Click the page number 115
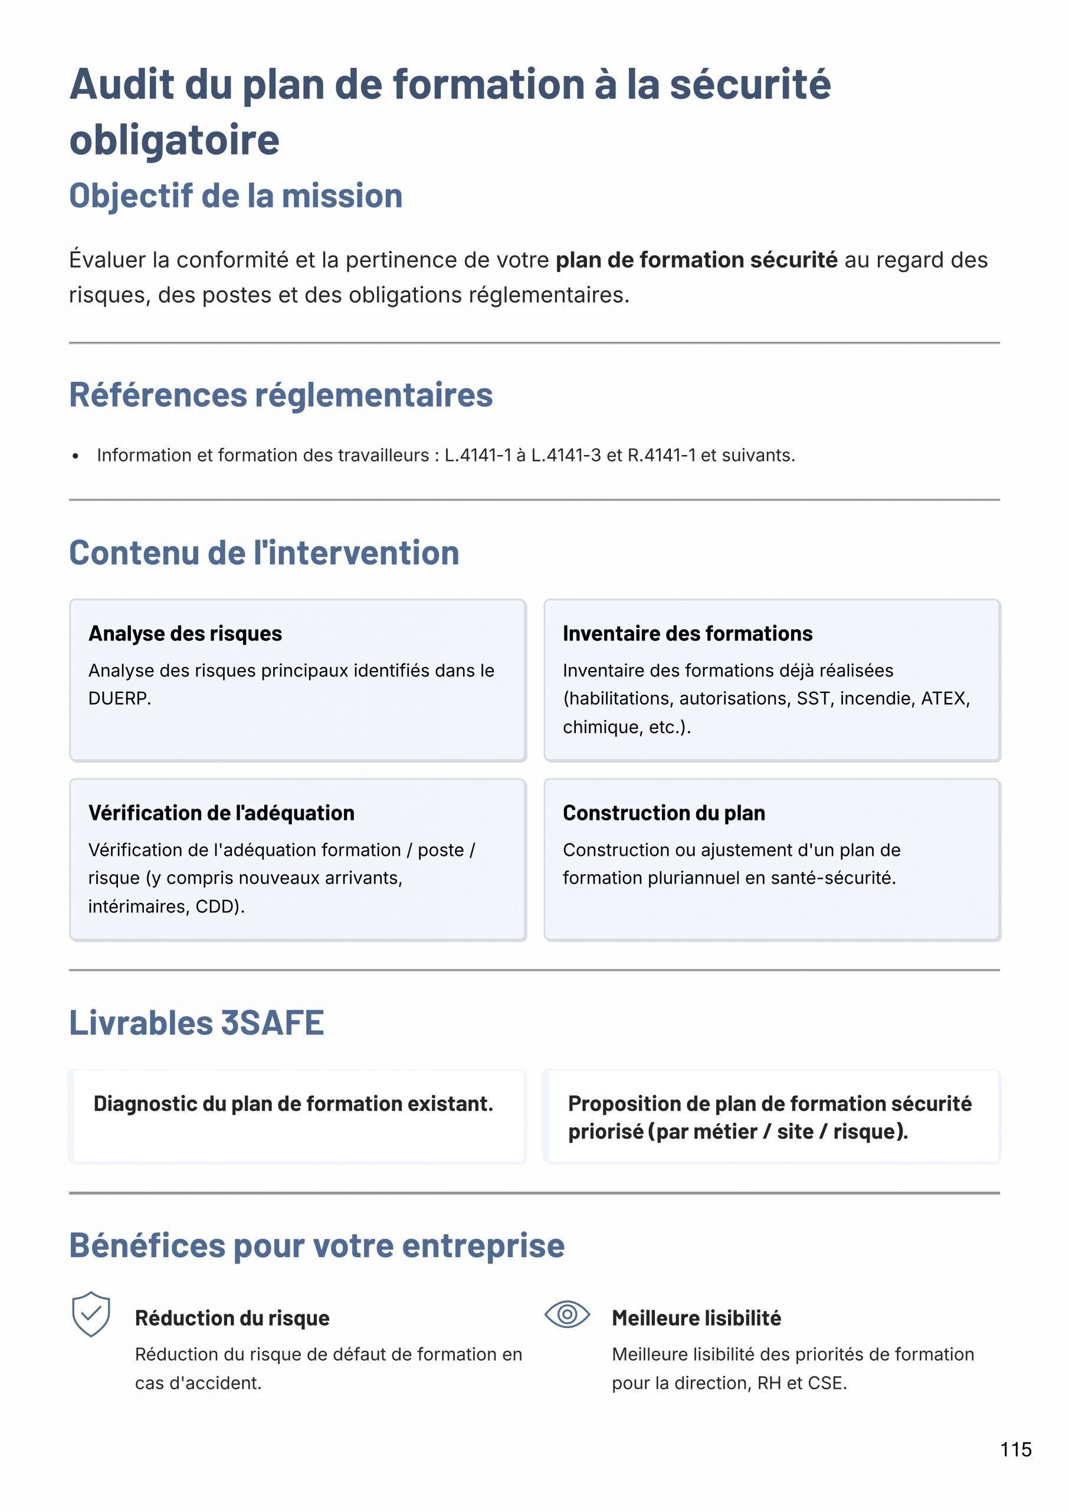[x=1016, y=1449]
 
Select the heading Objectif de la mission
[x=235, y=196]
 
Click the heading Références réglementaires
[x=280, y=395]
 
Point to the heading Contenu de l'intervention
[x=264, y=552]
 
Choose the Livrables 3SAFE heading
[x=196, y=1022]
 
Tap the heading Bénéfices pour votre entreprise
[x=317, y=1245]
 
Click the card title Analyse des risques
[x=185, y=633]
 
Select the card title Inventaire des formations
[x=687, y=633]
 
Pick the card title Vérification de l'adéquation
[x=221, y=813]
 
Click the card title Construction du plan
[x=664, y=813]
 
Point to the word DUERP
[x=119, y=699]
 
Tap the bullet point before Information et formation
[x=76, y=456]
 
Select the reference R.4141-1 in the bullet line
[x=661, y=456]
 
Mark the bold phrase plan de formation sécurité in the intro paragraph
[x=696, y=260]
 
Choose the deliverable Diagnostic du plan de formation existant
[x=293, y=1104]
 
